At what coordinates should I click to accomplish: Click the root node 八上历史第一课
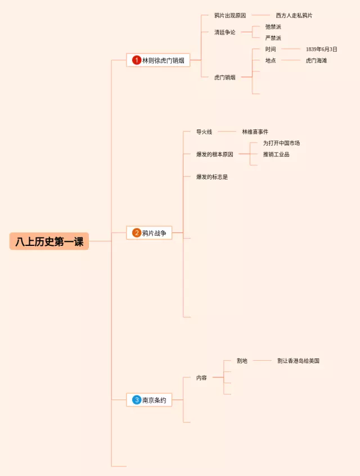pos(49,241)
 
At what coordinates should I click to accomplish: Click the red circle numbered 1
pos(137,60)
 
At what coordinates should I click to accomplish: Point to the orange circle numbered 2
pos(137,233)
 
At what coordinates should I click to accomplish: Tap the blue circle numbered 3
pos(137,400)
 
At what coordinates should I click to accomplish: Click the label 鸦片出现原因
pos(230,16)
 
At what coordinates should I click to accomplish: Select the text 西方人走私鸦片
pos(294,16)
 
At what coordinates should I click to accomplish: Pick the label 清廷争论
pos(225,32)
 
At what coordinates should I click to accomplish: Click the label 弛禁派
pos(273,26)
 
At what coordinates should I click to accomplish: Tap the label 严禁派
pos(273,38)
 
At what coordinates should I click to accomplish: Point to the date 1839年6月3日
pos(322,50)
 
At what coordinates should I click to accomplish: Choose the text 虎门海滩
pos(316,60)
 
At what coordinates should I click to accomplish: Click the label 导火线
pos(204,132)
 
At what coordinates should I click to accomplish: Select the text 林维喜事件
pos(255,132)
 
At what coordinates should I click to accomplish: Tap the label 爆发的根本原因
pos(214,154)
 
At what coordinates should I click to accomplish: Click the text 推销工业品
pos(276,154)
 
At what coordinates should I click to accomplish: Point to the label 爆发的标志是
pos(212,177)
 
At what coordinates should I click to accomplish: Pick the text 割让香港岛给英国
pos(298,361)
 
